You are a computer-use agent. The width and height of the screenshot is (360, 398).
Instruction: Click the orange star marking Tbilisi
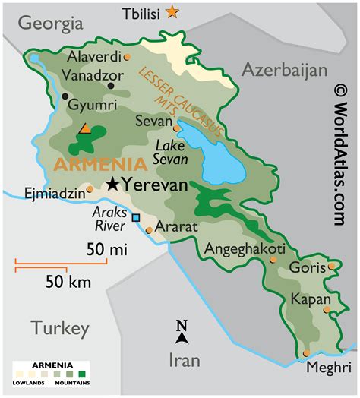(x=173, y=11)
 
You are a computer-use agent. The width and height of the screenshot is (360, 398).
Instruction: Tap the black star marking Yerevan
(x=113, y=183)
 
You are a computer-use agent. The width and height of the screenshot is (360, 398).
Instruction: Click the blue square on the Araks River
(x=136, y=218)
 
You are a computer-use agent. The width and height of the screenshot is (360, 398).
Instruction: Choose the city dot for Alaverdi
(x=128, y=56)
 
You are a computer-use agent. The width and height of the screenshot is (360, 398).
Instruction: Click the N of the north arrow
(x=182, y=327)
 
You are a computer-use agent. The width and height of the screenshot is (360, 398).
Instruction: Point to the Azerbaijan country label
(x=284, y=70)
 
